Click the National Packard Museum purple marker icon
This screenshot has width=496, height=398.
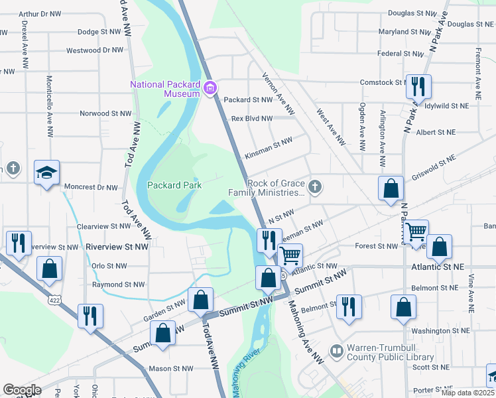pyautogui.click(x=212, y=88)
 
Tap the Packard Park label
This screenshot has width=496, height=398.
pyautogui.click(x=174, y=186)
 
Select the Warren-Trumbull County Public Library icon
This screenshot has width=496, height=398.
pyautogui.click(x=337, y=350)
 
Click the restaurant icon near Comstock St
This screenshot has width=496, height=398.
pyautogui.click(x=418, y=86)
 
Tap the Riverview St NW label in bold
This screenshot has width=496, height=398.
pyautogui.click(x=115, y=247)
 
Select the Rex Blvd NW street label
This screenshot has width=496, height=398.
pyautogui.click(x=252, y=119)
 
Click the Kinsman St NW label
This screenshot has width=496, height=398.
pyautogui.click(x=269, y=141)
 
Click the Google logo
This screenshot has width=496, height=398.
pyautogui.click(x=22, y=390)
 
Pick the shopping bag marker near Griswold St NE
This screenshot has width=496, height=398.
pyautogui.click(x=391, y=188)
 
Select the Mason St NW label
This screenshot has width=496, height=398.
pyautogui.click(x=170, y=368)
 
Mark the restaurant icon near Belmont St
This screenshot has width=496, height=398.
pyautogui.click(x=349, y=306)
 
